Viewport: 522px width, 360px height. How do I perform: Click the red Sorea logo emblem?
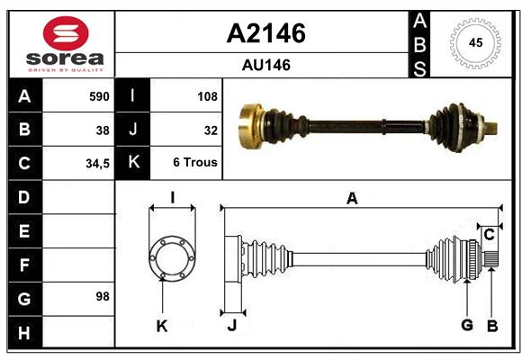(66, 33)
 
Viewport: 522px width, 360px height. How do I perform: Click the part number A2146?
(266, 33)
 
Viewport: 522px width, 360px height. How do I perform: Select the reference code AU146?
(266, 65)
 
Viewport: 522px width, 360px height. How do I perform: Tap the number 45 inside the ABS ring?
(475, 42)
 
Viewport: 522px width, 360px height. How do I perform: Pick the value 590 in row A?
(99, 96)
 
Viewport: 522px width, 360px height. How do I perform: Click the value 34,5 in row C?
(97, 164)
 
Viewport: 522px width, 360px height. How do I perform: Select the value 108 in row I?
(207, 96)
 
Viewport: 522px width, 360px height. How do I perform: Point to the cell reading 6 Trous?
(195, 162)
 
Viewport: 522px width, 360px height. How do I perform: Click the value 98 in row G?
(103, 296)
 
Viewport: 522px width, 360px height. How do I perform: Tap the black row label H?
(25, 332)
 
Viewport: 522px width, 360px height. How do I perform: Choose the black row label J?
(132, 130)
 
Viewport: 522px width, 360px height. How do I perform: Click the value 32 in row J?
(211, 130)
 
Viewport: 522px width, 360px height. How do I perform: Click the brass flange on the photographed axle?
(251, 126)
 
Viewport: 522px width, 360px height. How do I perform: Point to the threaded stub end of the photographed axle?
(491, 128)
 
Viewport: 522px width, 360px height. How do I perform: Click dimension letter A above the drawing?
(352, 199)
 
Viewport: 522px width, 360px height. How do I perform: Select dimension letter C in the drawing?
(489, 235)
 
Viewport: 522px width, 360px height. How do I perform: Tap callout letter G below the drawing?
(467, 325)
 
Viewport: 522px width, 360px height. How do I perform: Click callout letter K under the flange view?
(162, 327)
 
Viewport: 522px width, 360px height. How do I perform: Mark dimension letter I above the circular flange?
(173, 198)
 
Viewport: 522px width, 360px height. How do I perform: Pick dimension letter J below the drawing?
(232, 325)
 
